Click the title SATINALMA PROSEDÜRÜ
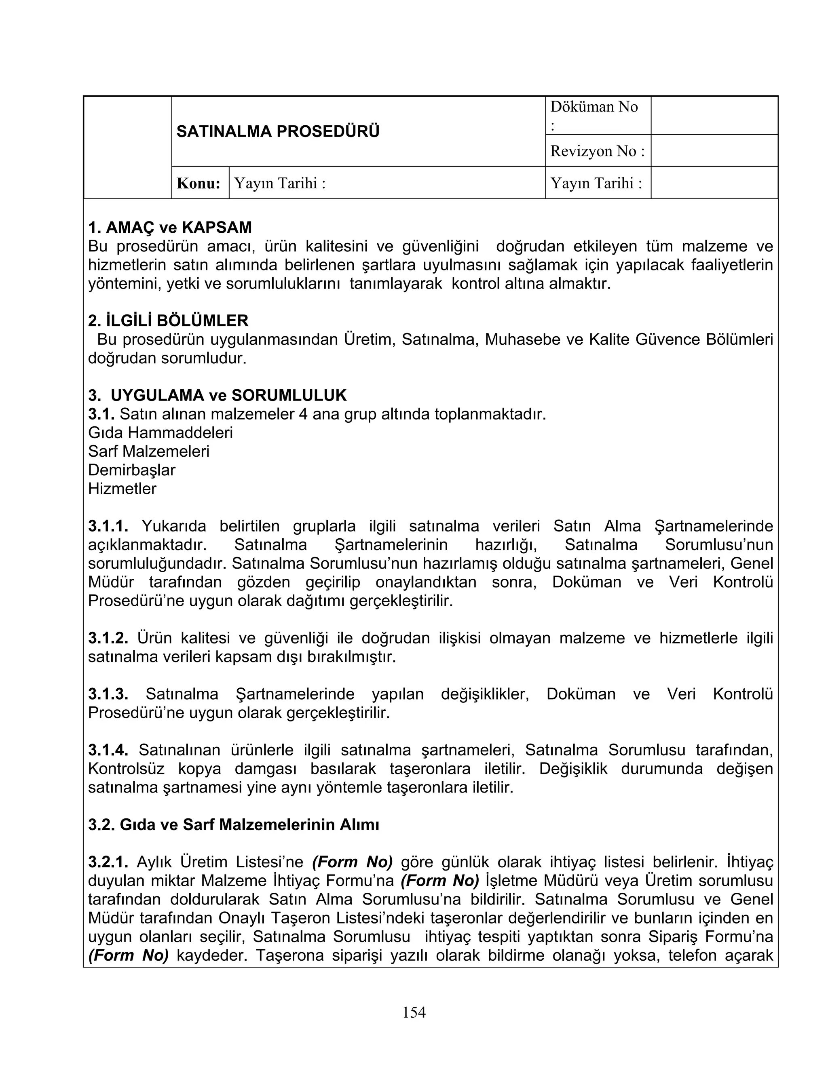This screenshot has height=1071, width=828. (x=278, y=131)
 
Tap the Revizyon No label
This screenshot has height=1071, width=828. (x=597, y=151)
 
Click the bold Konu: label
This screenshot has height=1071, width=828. (x=199, y=183)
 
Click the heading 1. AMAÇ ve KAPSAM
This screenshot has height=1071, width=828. (x=170, y=228)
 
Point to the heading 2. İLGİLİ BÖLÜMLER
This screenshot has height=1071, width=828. (x=168, y=321)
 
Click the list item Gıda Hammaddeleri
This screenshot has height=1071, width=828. (x=161, y=432)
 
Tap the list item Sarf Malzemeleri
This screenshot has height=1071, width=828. (x=149, y=451)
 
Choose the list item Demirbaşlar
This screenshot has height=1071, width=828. (x=131, y=470)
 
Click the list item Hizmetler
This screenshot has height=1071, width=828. (x=122, y=489)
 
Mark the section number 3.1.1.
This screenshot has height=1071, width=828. (x=108, y=526)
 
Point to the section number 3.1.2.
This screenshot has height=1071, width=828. (x=108, y=638)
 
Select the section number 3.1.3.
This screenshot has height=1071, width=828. (x=108, y=694)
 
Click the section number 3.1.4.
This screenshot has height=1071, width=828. (x=108, y=750)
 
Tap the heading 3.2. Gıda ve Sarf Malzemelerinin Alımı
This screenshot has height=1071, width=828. (x=234, y=825)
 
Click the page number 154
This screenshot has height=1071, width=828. (x=414, y=1012)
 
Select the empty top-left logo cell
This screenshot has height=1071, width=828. (x=127, y=147)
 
